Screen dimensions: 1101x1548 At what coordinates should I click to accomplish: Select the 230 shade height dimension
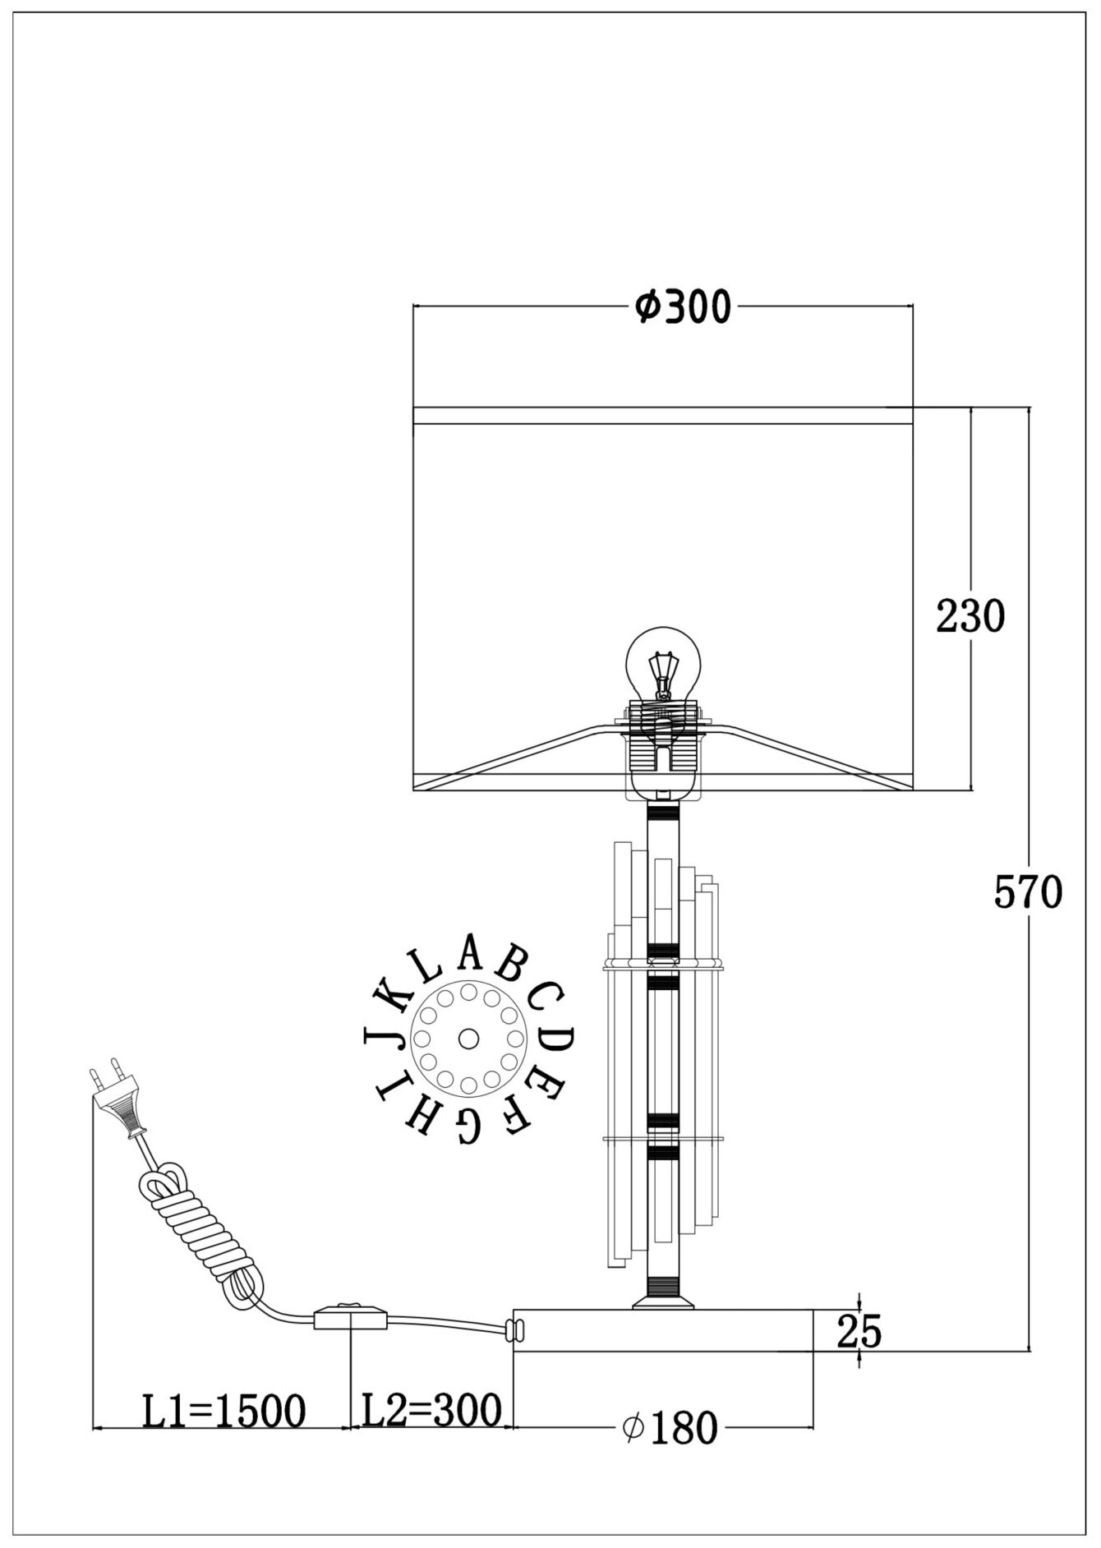tap(970, 615)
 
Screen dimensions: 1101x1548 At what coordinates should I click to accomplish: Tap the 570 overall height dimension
tap(1028, 891)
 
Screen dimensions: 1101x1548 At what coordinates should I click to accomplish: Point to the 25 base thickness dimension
tap(859, 1332)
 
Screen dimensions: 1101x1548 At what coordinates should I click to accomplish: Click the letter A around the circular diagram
tap(469, 952)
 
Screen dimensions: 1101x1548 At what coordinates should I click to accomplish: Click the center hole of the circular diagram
tap(469, 1039)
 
